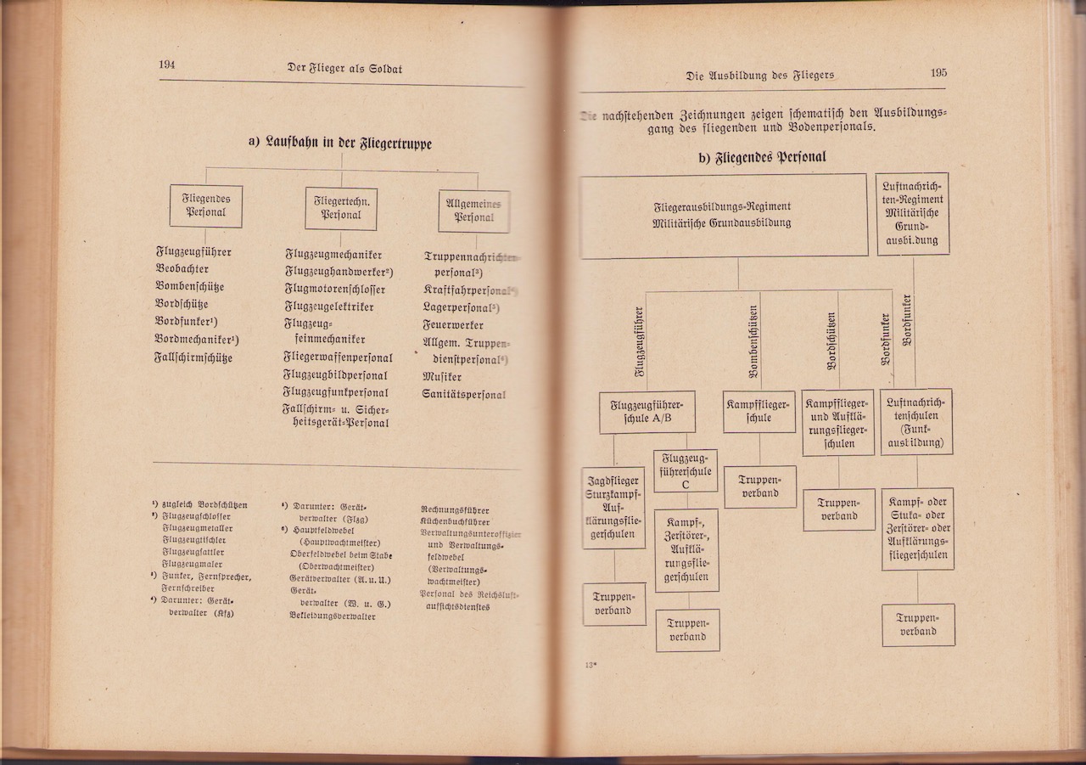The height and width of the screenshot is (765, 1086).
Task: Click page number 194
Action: [166, 65]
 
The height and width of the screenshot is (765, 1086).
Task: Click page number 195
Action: [938, 73]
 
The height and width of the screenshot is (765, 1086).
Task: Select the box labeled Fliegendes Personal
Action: [205, 206]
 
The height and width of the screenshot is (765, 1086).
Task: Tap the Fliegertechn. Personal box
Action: [341, 209]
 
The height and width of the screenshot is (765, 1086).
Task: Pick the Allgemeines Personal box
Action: [473, 211]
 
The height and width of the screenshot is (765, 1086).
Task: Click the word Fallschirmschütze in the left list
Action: [193, 358]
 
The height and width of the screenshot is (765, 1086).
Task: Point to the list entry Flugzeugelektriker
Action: [328, 307]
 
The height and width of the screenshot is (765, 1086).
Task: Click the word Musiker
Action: [442, 376]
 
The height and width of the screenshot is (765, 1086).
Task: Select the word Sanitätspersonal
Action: [464, 395]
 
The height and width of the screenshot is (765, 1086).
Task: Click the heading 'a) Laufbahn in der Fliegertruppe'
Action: [339, 143]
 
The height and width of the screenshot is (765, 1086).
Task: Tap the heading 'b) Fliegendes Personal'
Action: [761, 157]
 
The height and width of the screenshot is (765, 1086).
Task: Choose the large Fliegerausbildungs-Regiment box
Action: [723, 215]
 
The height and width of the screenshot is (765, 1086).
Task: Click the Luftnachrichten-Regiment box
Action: [913, 214]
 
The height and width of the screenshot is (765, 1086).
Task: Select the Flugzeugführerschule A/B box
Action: [647, 412]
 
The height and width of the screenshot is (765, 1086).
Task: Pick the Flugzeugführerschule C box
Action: [686, 470]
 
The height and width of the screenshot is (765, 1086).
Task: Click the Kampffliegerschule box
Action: [759, 411]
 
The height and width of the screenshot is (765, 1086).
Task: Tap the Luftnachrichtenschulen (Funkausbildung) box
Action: [916, 421]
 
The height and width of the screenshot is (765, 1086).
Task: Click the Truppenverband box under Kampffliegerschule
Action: [759, 487]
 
